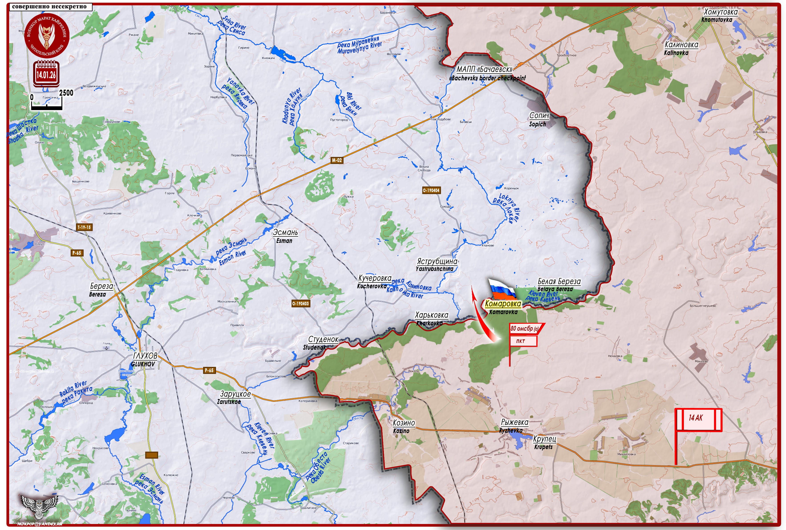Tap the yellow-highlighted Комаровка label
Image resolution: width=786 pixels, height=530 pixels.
pyautogui.click(x=503, y=304)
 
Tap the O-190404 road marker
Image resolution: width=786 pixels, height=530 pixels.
pyautogui.click(x=431, y=190)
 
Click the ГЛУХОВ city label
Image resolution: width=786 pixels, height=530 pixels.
pyautogui.click(x=145, y=356)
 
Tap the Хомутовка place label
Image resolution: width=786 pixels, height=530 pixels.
pyautogui.click(x=721, y=12)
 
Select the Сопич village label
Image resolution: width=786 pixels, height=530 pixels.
pyautogui.click(x=539, y=116)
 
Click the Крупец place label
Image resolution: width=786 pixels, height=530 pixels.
pyautogui.click(x=544, y=439)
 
